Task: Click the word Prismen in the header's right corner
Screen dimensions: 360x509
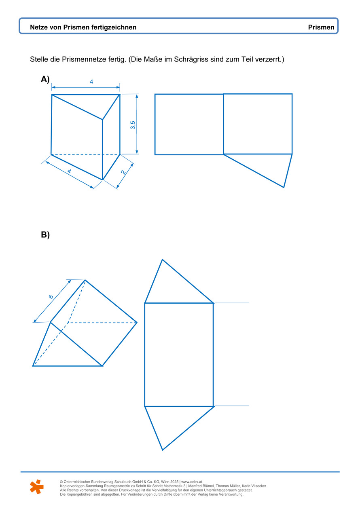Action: click(x=321, y=27)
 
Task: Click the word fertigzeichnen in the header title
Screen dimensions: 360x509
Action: click(x=114, y=27)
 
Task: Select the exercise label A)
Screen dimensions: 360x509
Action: click(x=45, y=79)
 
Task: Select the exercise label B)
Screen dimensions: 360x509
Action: click(x=45, y=234)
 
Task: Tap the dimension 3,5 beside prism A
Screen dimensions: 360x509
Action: click(x=133, y=125)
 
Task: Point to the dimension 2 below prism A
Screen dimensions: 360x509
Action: click(x=123, y=172)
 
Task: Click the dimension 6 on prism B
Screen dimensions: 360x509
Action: click(x=51, y=296)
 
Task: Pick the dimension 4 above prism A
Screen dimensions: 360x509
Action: click(x=91, y=82)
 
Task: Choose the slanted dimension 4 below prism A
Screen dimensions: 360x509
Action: click(x=69, y=171)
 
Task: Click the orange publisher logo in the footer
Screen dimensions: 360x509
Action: click(x=37, y=486)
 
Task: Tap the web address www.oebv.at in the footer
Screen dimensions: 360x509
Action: click(x=191, y=482)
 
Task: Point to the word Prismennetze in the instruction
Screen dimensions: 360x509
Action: click(x=94, y=59)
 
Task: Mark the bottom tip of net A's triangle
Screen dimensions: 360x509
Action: click(x=284, y=188)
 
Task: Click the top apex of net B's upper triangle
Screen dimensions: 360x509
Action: click(x=162, y=259)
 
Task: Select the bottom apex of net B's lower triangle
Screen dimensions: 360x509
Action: click(x=162, y=450)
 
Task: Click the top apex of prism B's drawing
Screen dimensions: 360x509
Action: click(x=85, y=280)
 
